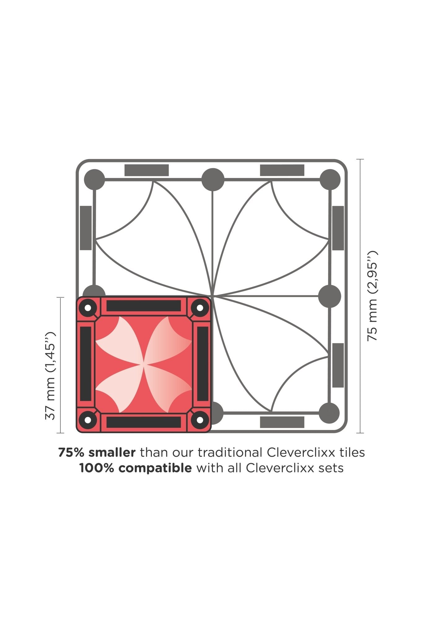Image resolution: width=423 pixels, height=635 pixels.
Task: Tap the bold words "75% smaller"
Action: coord(97,453)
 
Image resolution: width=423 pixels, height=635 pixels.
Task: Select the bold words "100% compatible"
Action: coord(135,468)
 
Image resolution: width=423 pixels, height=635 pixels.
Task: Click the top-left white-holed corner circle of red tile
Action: coord(88,308)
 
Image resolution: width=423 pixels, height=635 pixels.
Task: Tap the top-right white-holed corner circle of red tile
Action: coord(200,308)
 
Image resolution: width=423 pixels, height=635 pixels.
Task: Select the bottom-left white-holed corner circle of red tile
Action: coord(88,420)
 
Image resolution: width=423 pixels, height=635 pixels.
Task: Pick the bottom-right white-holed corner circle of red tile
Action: coord(200,420)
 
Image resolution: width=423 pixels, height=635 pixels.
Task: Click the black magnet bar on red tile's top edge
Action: coord(144,306)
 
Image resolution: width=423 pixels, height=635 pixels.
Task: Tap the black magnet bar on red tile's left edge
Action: coord(86,364)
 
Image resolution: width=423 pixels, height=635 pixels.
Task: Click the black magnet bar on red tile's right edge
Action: coord(203,364)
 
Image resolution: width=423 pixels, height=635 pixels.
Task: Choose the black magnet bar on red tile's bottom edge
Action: coord(144,422)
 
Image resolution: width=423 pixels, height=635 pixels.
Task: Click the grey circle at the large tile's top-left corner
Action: coord(95,180)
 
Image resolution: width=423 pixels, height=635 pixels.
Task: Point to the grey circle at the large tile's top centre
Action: coord(213,180)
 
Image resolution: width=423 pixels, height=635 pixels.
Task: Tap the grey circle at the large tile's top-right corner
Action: coord(330,180)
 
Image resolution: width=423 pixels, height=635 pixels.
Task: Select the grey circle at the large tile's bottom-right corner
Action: coord(329,413)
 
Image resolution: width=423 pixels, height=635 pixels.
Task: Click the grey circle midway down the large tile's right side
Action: coord(330,296)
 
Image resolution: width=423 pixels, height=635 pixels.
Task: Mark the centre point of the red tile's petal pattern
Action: coord(144,364)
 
